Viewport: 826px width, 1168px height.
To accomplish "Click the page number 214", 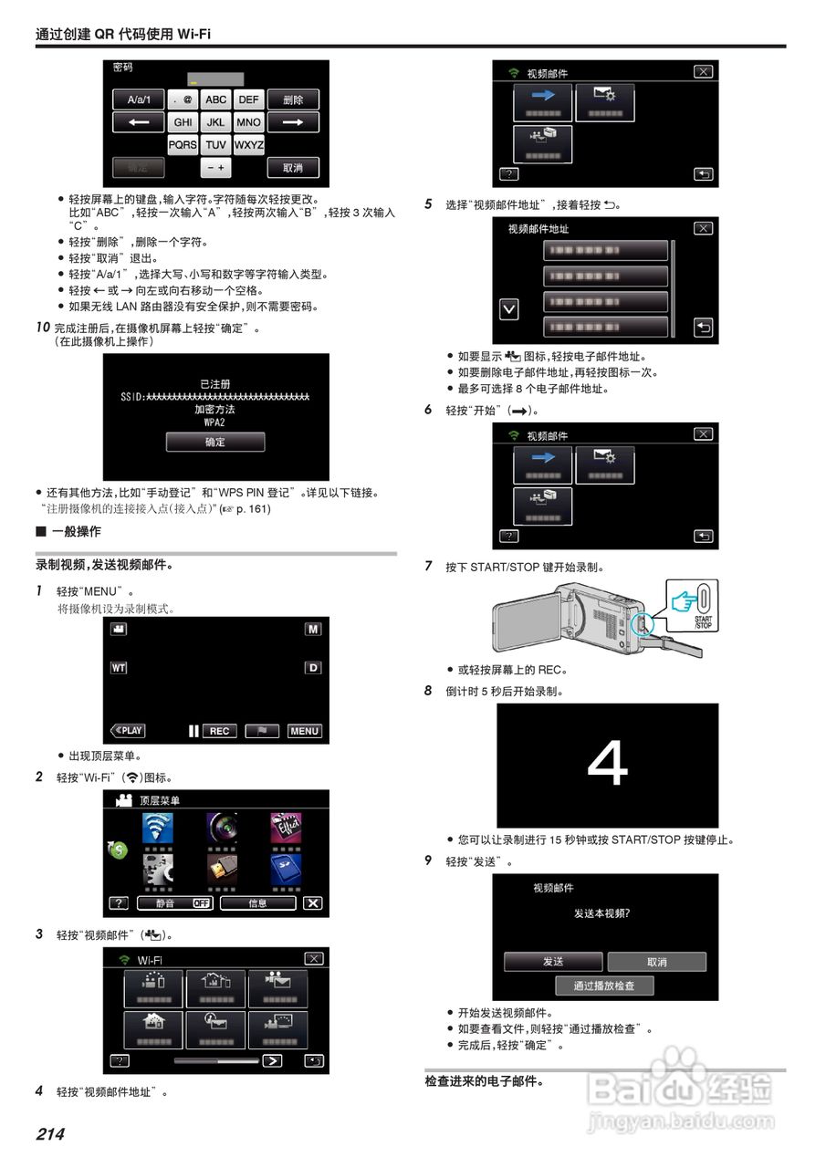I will [x=50, y=1134].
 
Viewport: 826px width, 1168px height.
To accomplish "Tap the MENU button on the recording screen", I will [x=304, y=731].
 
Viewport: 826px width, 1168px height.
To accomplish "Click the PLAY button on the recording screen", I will [x=128, y=731].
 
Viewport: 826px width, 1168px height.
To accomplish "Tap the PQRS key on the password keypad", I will [x=183, y=145].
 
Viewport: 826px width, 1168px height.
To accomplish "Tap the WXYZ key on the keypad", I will [x=248, y=145].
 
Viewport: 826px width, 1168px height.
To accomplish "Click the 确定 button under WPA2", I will [x=214, y=442].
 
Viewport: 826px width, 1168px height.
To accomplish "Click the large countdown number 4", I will [x=607, y=765].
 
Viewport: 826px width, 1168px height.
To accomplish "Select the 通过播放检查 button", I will [x=603, y=985].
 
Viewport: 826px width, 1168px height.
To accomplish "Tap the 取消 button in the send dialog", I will [x=656, y=962].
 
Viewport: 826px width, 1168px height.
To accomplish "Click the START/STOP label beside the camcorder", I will [x=704, y=622].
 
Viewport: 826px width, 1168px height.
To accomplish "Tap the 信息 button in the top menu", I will [x=257, y=903].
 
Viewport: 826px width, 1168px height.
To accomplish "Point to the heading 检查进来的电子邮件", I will [x=484, y=1082].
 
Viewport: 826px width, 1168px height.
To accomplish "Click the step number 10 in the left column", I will [x=43, y=327].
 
